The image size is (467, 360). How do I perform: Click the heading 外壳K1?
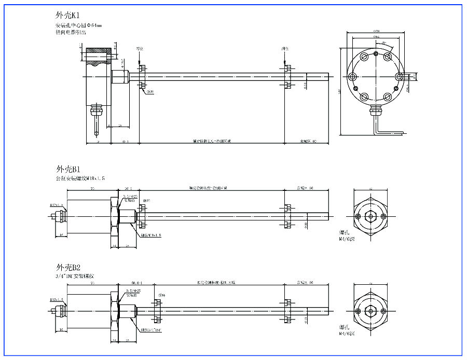click(67, 16)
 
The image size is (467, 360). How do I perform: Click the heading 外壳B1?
click(67, 169)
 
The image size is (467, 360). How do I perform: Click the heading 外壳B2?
click(67, 268)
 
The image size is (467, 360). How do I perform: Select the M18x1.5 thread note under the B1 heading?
click(80, 178)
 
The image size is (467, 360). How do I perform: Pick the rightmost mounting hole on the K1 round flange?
click(399, 76)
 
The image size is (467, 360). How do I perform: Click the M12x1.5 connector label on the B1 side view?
click(57, 205)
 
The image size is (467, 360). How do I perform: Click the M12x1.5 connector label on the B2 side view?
click(57, 300)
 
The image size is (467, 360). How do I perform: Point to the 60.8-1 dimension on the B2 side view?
click(136, 283)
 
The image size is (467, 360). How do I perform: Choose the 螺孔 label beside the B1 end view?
click(345, 233)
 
